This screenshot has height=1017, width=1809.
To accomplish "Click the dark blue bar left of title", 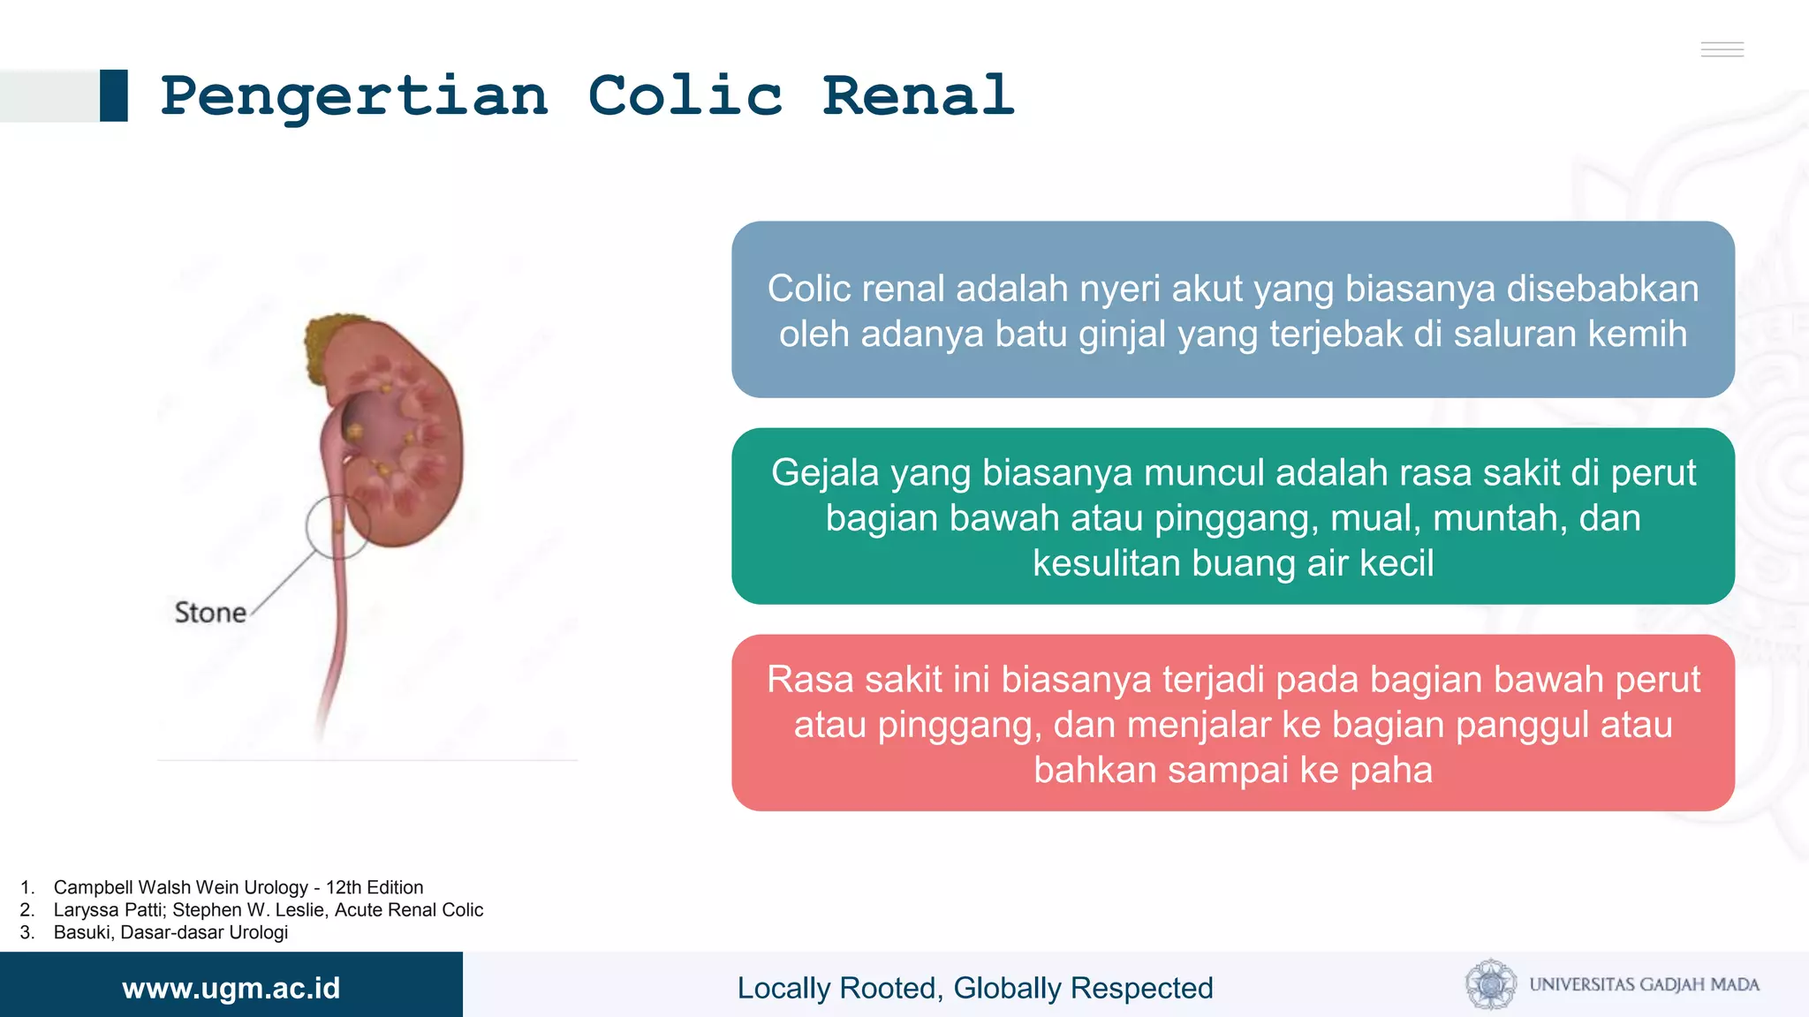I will [x=114, y=95].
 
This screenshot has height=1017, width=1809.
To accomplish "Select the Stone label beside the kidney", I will [x=210, y=612].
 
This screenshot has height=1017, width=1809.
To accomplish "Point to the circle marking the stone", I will [x=338, y=527].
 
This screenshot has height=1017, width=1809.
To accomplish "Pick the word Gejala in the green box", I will [x=825, y=472].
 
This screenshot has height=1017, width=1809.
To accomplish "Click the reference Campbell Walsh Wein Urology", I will [x=238, y=887].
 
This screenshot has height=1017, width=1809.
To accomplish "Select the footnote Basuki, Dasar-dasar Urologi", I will [x=170, y=932].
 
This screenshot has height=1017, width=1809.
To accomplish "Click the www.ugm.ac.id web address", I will [x=231, y=988].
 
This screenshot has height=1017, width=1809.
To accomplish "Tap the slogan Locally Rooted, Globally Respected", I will [x=975, y=988].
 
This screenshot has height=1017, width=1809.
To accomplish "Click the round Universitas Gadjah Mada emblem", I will [x=1491, y=984].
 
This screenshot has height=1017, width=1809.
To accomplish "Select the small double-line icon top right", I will [x=1722, y=49].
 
